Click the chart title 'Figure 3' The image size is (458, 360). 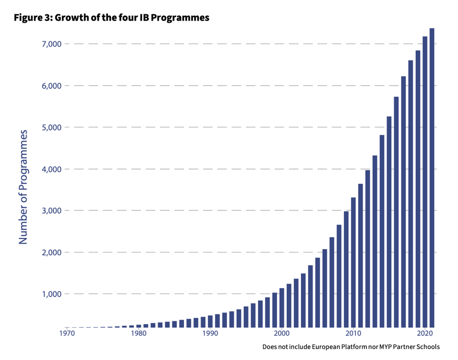(111, 17)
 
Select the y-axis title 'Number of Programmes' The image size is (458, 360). (23, 188)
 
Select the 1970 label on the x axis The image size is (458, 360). (67, 334)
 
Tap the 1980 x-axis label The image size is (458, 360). (139, 334)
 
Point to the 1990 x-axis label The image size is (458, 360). (210, 334)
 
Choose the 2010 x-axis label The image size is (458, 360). (353, 334)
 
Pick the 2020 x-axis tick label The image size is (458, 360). (425, 334)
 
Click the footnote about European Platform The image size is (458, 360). (351, 347)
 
